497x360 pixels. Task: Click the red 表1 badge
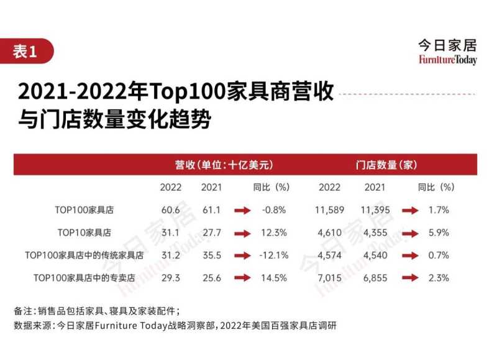(25, 52)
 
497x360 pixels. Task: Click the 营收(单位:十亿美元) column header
(224, 165)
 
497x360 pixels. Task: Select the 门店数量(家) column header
(386, 165)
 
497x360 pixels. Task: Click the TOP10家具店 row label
(84, 233)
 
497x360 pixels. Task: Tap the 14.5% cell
(275, 277)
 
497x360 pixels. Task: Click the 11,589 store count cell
(329, 210)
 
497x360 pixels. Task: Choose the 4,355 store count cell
(375, 233)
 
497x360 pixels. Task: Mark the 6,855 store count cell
(375, 277)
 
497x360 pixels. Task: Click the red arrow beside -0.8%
(242, 211)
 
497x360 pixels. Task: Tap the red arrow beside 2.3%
(410, 278)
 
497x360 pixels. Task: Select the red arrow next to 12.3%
(242, 233)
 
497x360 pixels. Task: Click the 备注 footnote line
(96, 310)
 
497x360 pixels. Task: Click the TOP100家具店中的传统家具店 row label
(84, 255)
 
